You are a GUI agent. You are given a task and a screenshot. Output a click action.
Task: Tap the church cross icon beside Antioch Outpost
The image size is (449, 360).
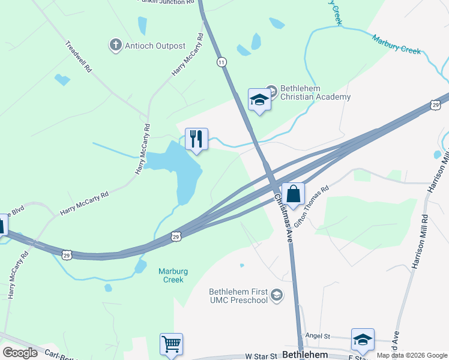coord(115,44)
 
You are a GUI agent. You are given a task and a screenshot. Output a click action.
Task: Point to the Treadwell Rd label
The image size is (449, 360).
coord(79,56)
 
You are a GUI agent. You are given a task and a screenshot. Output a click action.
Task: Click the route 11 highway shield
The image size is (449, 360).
coord(222,62)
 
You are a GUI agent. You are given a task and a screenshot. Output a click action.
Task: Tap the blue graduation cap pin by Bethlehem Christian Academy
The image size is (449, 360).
coord(259,100)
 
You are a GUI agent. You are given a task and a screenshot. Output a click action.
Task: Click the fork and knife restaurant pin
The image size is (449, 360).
coord(196,139)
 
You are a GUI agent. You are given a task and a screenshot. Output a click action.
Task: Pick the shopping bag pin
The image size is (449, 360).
coord(293,194)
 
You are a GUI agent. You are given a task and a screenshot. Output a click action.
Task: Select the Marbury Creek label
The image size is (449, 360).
coord(396,45)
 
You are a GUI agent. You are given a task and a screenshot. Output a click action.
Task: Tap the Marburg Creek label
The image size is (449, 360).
coord(171,275)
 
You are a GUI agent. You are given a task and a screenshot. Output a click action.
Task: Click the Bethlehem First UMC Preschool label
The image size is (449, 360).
coord(238,295)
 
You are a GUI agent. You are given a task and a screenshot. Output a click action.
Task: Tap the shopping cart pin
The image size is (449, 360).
coord(171,344)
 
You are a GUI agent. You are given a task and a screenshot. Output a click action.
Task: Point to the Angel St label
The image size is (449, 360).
coord(318,337)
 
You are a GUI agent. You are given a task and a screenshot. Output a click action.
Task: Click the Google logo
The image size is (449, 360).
coord(20,353)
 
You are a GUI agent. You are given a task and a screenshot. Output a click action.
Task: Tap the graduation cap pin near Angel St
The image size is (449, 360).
coord(363,340)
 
